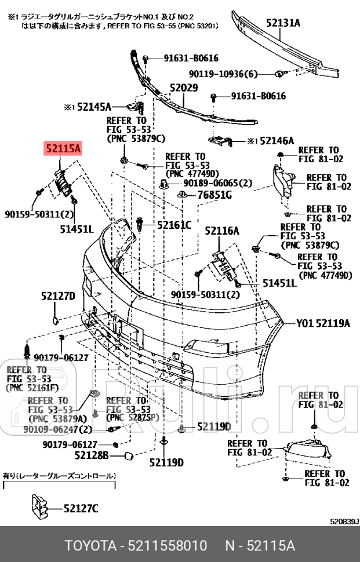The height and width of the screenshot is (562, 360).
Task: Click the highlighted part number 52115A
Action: pos(63,149)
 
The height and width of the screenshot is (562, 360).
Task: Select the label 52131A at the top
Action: pos(283,23)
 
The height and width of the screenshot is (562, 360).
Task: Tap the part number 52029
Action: pos(184,88)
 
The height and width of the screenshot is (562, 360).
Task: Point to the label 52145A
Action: pos(94,107)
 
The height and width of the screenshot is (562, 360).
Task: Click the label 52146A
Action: pos(277,141)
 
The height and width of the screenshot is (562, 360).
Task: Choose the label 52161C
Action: pos(172,224)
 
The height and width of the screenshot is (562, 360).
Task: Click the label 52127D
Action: pos(58,296)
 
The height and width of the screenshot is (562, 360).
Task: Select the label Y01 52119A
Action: pos(323,323)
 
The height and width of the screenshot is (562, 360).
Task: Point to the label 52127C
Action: pos(81,509)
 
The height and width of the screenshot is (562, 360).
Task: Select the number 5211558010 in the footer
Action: pos(169,547)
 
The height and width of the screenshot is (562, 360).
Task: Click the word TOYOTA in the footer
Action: pos(90,547)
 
